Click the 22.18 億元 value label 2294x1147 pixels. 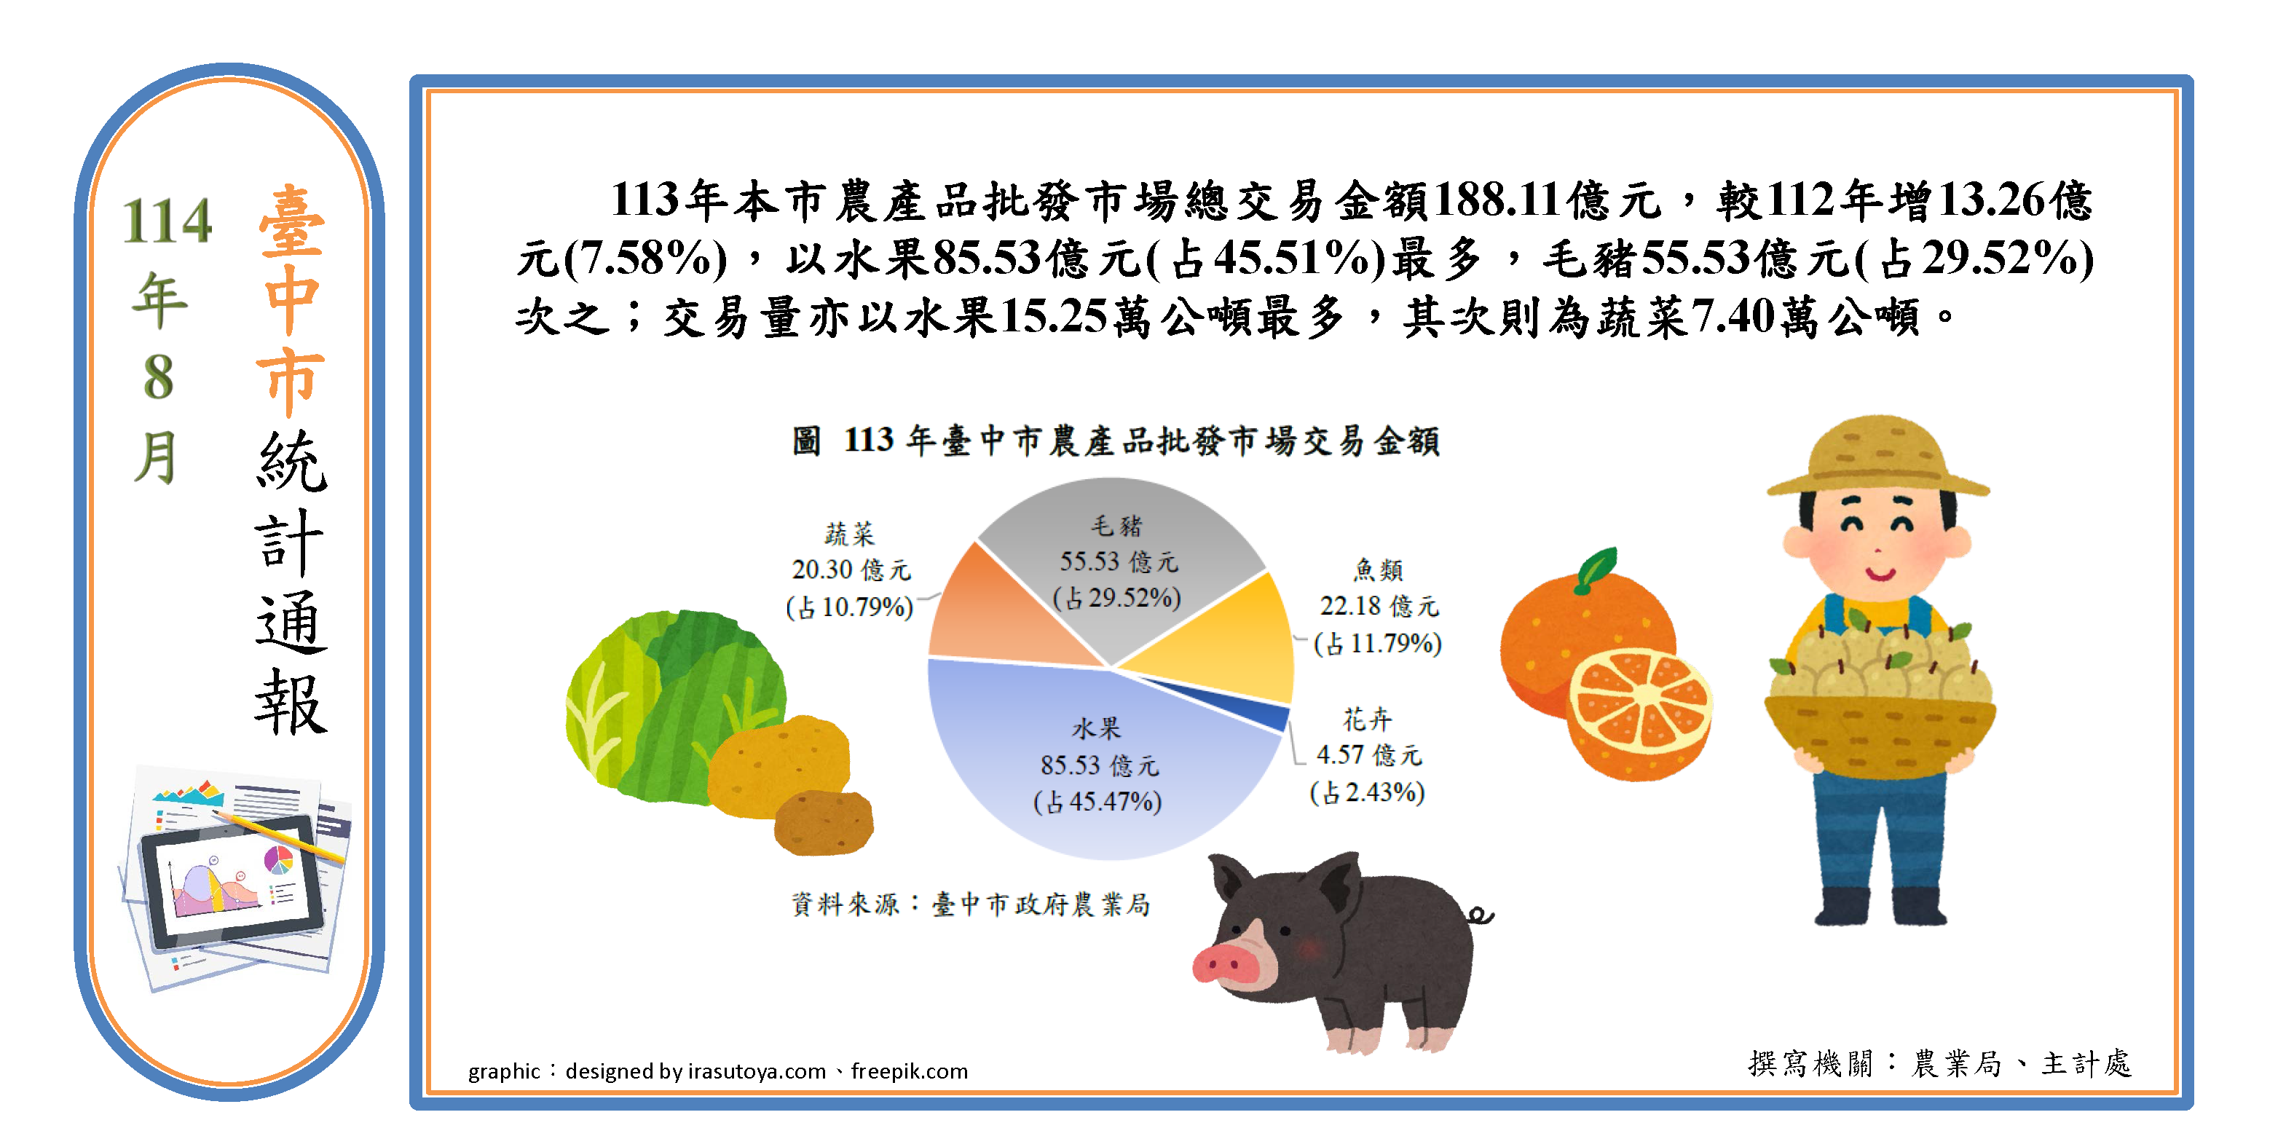coord(1379,607)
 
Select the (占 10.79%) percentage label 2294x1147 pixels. coord(850,607)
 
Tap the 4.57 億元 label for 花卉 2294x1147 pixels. coord(1368,755)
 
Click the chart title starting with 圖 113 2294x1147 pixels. coord(1116,440)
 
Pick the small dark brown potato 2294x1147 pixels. coord(824,823)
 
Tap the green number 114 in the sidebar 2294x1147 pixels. coord(167,221)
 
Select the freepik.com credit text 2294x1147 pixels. coord(910,1071)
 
